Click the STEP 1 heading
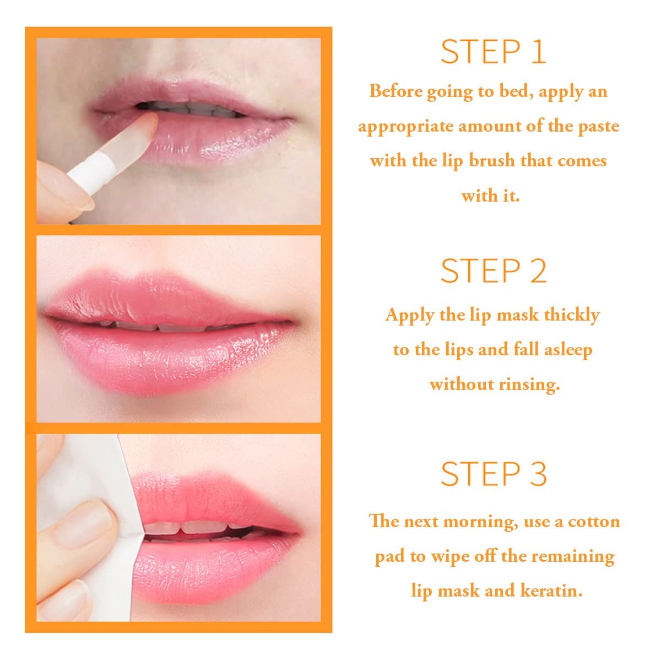(x=493, y=52)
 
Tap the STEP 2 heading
(x=493, y=270)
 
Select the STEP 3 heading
(x=493, y=474)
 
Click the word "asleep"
(x=568, y=350)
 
